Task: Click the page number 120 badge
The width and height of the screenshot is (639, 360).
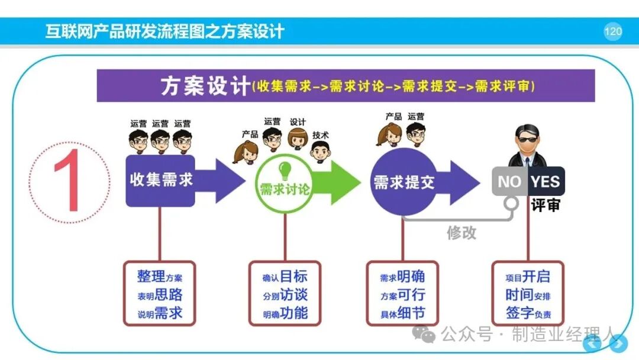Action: tap(613, 31)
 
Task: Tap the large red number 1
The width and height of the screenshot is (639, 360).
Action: tap(68, 180)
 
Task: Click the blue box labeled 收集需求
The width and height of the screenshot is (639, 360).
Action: tap(160, 181)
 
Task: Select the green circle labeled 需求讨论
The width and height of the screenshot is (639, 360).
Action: tap(285, 184)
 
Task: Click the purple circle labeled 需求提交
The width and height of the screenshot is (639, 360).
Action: tap(404, 182)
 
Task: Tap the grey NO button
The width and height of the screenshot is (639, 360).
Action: tap(509, 181)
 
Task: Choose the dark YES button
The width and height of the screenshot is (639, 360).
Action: tap(546, 181)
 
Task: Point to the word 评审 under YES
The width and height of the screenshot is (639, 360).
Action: tap(546, 205)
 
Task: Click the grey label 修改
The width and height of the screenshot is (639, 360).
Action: tap(461, 233)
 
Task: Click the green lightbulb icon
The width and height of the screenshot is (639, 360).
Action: tap(285, 171)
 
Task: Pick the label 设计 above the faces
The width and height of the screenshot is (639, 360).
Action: tap(298, 122)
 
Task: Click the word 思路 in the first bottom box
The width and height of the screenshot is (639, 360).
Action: tap(169, 294)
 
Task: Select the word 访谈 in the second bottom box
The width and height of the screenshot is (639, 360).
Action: tap(294, 294)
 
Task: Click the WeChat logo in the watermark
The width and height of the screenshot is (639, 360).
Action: tap(424, 334)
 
